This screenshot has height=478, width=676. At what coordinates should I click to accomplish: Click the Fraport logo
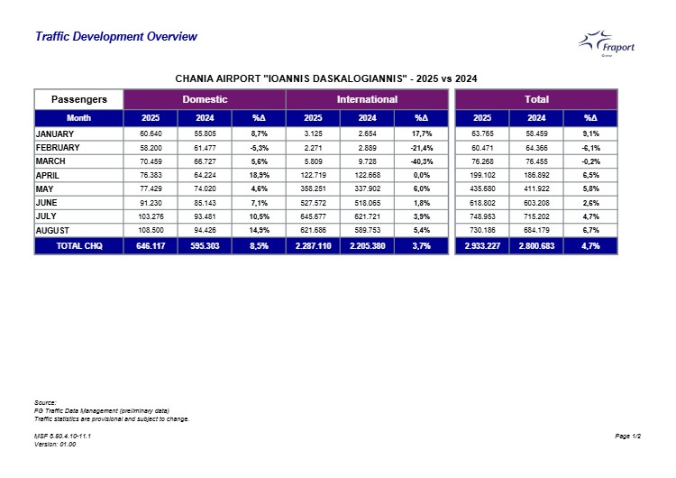click(x=607, y=43)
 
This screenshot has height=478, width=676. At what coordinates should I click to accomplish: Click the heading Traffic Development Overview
click(x=116, y=37)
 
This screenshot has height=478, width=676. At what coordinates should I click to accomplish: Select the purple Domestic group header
click(x=205, y=99)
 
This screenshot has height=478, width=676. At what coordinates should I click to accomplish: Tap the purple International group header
click(x=367, y=99)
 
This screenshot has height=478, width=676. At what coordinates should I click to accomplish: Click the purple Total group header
click(x=536, y=99)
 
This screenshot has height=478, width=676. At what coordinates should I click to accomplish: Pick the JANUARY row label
click(x=55, y=134)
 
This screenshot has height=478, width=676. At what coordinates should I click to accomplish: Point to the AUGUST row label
click(x=52, y=231)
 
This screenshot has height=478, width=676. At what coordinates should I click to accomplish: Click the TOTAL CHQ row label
click(x=79, y=246)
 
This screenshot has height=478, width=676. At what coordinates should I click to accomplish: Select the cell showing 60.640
click(x=151, y=133)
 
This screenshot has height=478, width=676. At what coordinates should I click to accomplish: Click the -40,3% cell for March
click(x=421, y=161)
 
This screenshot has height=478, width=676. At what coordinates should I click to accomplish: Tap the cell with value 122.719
click(x=313, y=175)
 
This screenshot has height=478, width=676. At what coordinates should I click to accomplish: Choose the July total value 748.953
click(x=482, y=216)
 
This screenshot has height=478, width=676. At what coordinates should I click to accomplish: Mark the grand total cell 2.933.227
click(x=482, y=246)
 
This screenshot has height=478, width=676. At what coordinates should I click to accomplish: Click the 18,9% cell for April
click(x=259, y=175)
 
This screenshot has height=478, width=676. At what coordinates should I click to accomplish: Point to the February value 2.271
click(x=313, y=148)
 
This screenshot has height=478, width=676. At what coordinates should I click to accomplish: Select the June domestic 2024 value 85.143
click(x=205, y=203)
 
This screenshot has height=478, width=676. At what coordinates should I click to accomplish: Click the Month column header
click(x=79, y=118)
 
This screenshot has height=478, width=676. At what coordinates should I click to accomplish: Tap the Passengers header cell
click(x=79, y=99)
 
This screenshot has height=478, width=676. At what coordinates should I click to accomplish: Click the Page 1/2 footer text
click(x=627, y=437)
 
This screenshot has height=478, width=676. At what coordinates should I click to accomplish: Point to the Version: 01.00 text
click(x=55, y=445)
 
